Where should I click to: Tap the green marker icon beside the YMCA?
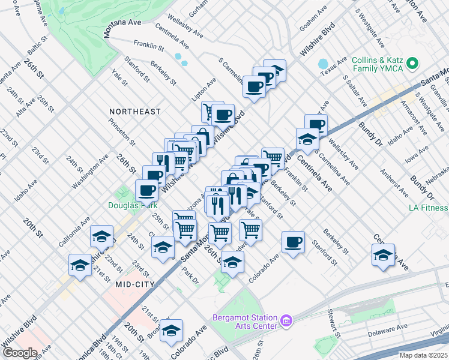coord(413,62)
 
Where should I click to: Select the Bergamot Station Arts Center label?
coord(246,322)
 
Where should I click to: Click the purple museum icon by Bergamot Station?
coord(287,322)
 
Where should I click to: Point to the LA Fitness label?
coord(428,208)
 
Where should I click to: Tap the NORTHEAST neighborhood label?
coord(135,112)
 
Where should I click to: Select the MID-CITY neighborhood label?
coord(135,284)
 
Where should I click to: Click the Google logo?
coord(19,353)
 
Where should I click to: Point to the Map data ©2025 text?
coord(423,355)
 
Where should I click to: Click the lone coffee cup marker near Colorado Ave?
coord(293,242)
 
